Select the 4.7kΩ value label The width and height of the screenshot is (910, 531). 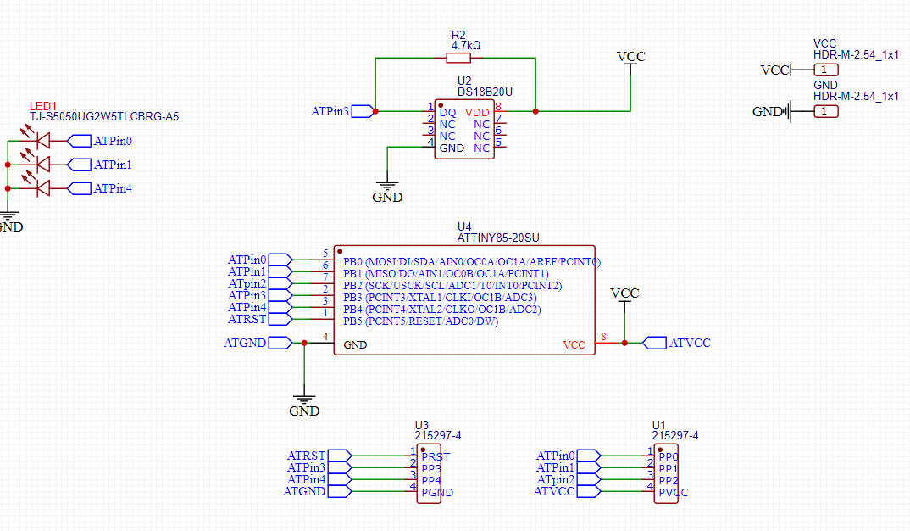[x=465, y=45]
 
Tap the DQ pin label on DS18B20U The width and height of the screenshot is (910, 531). [x=447, y=112]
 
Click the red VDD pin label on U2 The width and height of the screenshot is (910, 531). [x=477, y=112]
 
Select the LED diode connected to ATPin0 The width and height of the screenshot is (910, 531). [x=43, y=141]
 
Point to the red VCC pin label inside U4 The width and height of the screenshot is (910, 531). [x=574, y=345]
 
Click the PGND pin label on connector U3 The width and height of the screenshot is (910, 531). [x=437, y=493]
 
